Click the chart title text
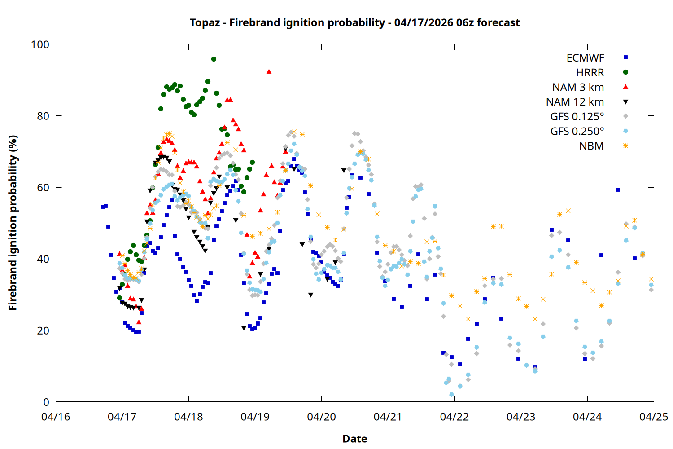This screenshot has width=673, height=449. (354, 22)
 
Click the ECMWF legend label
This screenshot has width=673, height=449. (585, 58)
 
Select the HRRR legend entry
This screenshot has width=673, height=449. (590, 73)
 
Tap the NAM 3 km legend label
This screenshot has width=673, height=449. (578, 87)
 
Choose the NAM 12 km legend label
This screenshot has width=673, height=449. (575, 102)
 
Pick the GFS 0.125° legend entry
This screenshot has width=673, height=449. (577, 117)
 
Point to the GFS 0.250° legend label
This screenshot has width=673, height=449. (577, 132)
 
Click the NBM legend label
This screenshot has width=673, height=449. (591, 146)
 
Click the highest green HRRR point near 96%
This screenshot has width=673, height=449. (214, 59)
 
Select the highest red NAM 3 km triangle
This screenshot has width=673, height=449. (269, 71)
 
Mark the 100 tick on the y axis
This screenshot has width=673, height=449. (40, 44)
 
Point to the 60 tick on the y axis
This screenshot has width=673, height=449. (43, 187)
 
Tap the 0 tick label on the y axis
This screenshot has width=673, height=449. (46, 402)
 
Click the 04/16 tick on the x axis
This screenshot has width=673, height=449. (56, 417)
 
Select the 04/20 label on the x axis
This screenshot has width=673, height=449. (321, 417)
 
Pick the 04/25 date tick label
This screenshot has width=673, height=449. (653, 417)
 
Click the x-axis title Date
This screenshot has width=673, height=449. (354, 439)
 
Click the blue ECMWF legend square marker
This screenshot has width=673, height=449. (625, 57)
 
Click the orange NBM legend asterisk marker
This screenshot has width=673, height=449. (625, 146)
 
